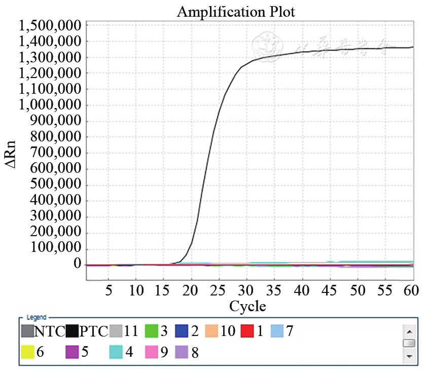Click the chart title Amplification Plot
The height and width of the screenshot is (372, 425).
point(236,12)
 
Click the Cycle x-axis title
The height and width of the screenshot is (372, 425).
point(247,306)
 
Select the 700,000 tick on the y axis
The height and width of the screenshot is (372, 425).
point(56,153)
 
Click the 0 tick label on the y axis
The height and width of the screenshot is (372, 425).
point(77,264)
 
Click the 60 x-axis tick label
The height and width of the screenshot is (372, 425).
point(410,291)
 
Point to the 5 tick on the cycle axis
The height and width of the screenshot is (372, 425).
point(108,291)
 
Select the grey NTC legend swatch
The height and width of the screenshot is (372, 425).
point(28,331)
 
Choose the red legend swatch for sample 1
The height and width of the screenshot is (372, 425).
point(247,331)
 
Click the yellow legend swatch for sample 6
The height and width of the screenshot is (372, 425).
point(28,352)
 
